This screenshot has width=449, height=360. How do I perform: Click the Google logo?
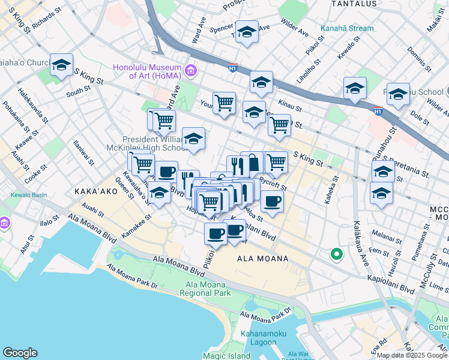click(x=20, y=353)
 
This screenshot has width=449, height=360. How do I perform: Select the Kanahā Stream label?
click(x=346, y=28)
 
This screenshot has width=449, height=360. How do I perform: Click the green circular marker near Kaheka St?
click(x=336, y=254)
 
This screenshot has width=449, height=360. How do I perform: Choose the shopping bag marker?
click(x=253, y=162)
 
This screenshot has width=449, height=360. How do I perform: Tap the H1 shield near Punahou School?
click(x=378, y=111)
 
